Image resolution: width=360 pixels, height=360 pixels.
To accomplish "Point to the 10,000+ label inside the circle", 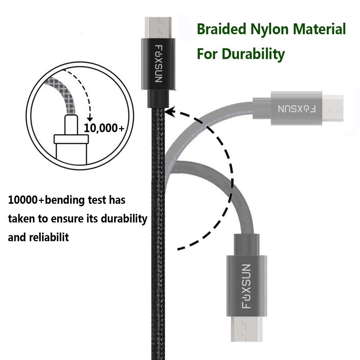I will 104,128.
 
